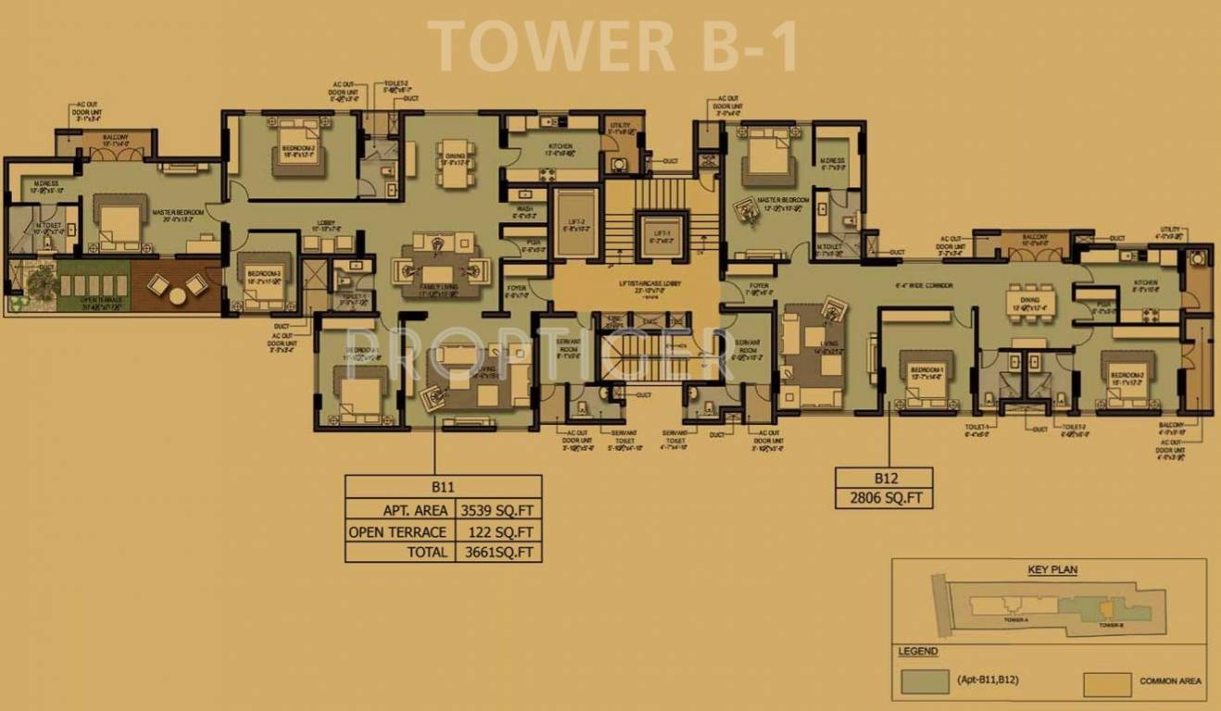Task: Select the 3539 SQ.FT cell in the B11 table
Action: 495,510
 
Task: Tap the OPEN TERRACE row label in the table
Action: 397,532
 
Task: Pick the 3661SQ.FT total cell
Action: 495,553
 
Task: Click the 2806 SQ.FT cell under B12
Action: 884,498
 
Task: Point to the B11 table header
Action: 443,486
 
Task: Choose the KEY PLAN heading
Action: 1052,570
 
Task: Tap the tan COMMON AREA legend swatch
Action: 1107,683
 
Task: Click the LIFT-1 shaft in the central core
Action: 660,233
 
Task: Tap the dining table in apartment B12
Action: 1031,304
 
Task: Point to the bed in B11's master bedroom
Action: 118,225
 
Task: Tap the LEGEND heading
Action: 917,652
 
